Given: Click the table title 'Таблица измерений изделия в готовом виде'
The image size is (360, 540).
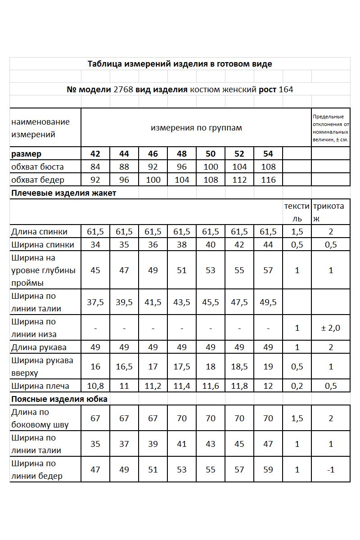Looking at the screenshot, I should pos(180,64).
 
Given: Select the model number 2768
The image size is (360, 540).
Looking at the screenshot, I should pos(123,89).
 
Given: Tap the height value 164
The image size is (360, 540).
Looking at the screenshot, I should pos(286,89).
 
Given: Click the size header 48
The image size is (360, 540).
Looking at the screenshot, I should pos(182,154).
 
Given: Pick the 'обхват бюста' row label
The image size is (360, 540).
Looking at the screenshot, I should pos(38,167).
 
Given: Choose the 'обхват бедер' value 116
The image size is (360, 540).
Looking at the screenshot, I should pos(268,180).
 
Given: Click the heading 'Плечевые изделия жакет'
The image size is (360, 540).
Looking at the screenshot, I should pos(63,193).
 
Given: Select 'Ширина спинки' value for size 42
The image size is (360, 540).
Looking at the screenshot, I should pos(95,245).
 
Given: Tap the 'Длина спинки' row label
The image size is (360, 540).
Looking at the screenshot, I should pos(40,232).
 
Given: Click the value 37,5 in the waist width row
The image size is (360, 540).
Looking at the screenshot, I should pos(95,302).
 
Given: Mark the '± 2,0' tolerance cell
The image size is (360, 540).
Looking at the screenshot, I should pos(331,328).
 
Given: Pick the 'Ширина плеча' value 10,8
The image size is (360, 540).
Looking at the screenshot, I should pos(95,386).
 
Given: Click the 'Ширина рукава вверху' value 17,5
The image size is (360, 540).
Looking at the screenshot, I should pos(182,367).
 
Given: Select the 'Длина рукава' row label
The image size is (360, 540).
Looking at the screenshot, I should pos(39,347).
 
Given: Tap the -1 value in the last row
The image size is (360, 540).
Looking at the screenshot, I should pos(331,470).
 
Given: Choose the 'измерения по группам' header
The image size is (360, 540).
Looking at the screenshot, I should pos(196,128).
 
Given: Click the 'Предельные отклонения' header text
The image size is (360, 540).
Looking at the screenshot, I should pos(331,128).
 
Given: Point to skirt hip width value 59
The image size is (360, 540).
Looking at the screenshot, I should pos(268,470).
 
